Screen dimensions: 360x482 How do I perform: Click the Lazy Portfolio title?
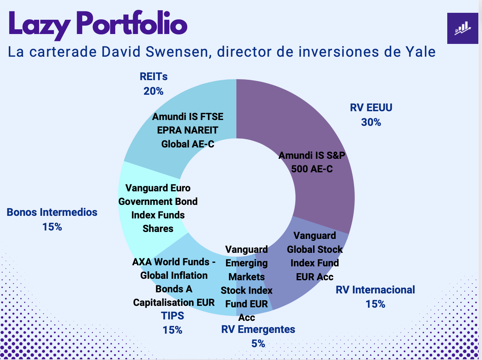coord(98,24)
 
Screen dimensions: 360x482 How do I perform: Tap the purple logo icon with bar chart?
coord(463,28)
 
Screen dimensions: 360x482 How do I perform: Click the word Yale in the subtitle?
coord(420,52)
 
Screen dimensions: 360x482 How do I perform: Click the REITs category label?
coord(154,77)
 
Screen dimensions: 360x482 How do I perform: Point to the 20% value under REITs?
coord(154,91)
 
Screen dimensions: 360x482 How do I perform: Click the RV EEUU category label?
coord(371,108)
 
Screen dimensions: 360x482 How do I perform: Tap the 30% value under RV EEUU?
coord(371,122)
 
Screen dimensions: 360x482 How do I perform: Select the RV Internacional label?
coord(375,290)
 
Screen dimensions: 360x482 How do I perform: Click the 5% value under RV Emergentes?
coord(258,344)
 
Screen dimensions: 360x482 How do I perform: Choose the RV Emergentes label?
coord(258,329)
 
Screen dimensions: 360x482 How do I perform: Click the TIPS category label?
coord(173,316)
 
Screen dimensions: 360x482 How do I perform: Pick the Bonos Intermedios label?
coord(52,212)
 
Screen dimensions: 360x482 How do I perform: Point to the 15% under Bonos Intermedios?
coord(52,227)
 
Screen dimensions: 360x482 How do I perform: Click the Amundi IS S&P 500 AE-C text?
coord(312,162)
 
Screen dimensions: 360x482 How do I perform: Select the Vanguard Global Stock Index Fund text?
coord(315,256)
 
